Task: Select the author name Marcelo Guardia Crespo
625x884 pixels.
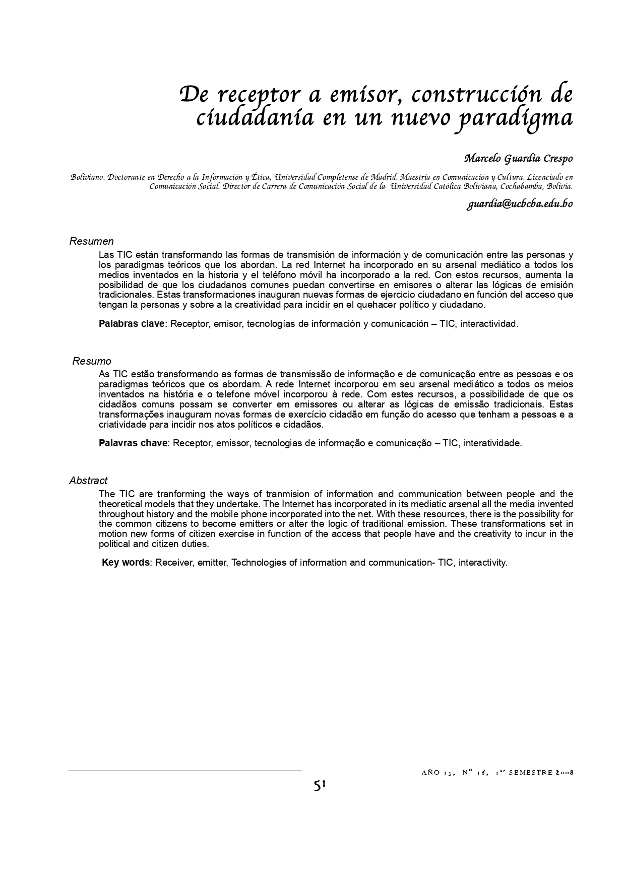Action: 518,159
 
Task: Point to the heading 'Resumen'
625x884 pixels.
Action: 91,242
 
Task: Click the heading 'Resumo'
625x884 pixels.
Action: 92,361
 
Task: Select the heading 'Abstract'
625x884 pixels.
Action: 88,481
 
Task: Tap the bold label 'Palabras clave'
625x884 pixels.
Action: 132,324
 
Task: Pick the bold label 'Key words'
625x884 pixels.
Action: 126,563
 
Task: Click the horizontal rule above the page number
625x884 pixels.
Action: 184,771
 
